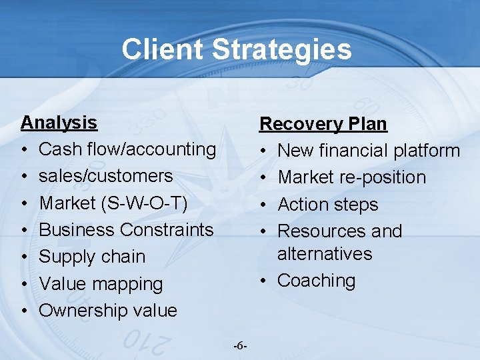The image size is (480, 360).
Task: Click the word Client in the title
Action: (162, 49)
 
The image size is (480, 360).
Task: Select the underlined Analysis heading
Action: (59, 123)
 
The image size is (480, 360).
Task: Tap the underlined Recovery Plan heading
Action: (323, 124)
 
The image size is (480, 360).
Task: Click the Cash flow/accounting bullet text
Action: (127, 149)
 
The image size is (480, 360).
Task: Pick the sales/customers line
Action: (106, 176)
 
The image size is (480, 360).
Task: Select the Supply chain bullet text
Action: (92, 257)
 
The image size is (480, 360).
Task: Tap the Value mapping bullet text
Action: (101, 284)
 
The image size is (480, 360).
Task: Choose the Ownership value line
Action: (108, 311)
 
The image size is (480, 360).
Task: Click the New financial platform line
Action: (369, 151)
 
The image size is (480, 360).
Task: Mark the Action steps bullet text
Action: (327, 205)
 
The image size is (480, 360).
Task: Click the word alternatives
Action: (325, 254)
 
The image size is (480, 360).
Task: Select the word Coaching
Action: (316, 281)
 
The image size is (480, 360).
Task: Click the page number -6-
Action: (241, 346)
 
